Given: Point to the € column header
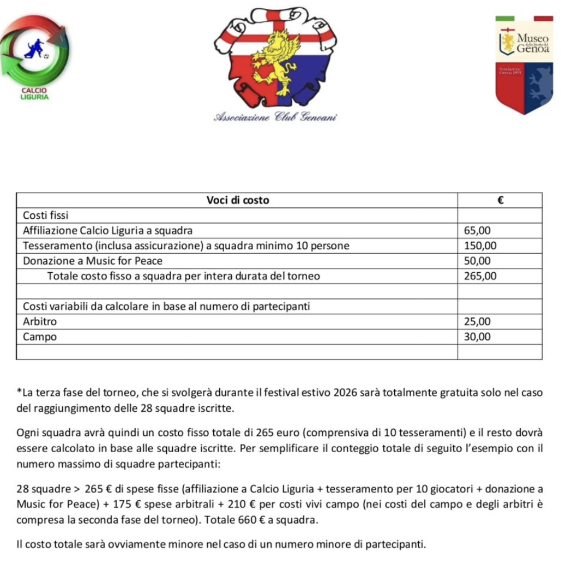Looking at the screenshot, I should pyautogui.click(x=499, y=200).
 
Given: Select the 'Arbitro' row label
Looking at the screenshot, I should pyautogui.click(x=39, y=321).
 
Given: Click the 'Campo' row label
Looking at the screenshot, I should pyautogui.click(x=40, y=337).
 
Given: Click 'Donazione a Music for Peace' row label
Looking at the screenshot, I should pyautogui.click(x=92, y=261).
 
